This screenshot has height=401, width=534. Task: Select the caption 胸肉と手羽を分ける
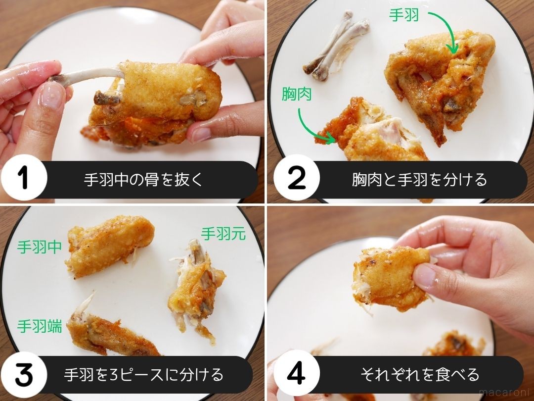(419, 179)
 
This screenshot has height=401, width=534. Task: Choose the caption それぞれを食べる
(419, 374)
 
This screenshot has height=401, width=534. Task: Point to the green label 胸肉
(297, 94)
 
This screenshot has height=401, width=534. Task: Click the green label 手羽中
(40, 247)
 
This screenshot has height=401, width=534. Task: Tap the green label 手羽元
(223, 233)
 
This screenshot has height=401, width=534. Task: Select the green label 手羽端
(40, 327)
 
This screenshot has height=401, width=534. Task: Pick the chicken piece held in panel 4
(388, 280)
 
